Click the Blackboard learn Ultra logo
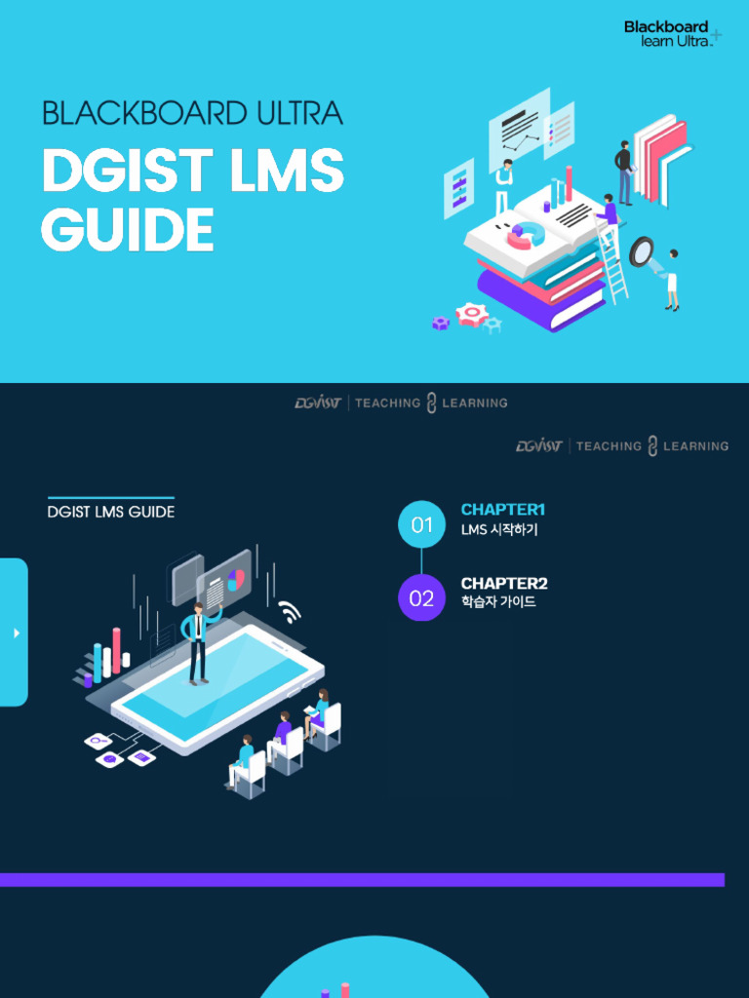pos(672,33)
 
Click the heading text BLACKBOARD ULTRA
pos(192,114)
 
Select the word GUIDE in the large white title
pos(128,230)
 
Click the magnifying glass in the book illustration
pos(643,252)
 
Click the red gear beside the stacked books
pos(472,314)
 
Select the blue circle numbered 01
pos(421,524)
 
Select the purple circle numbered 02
pos(421,597)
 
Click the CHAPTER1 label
pos(502,510)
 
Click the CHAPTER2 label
pos(503,583)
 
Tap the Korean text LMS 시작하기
pos(498,530)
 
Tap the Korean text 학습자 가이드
pos(498,602)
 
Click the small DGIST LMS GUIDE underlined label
pos(111,512)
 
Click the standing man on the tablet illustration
pos(199,642)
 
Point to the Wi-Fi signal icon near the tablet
pos(289,611)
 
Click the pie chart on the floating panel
pos(235,581)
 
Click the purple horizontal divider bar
pos(362,880)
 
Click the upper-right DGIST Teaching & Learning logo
pos(622,445)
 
